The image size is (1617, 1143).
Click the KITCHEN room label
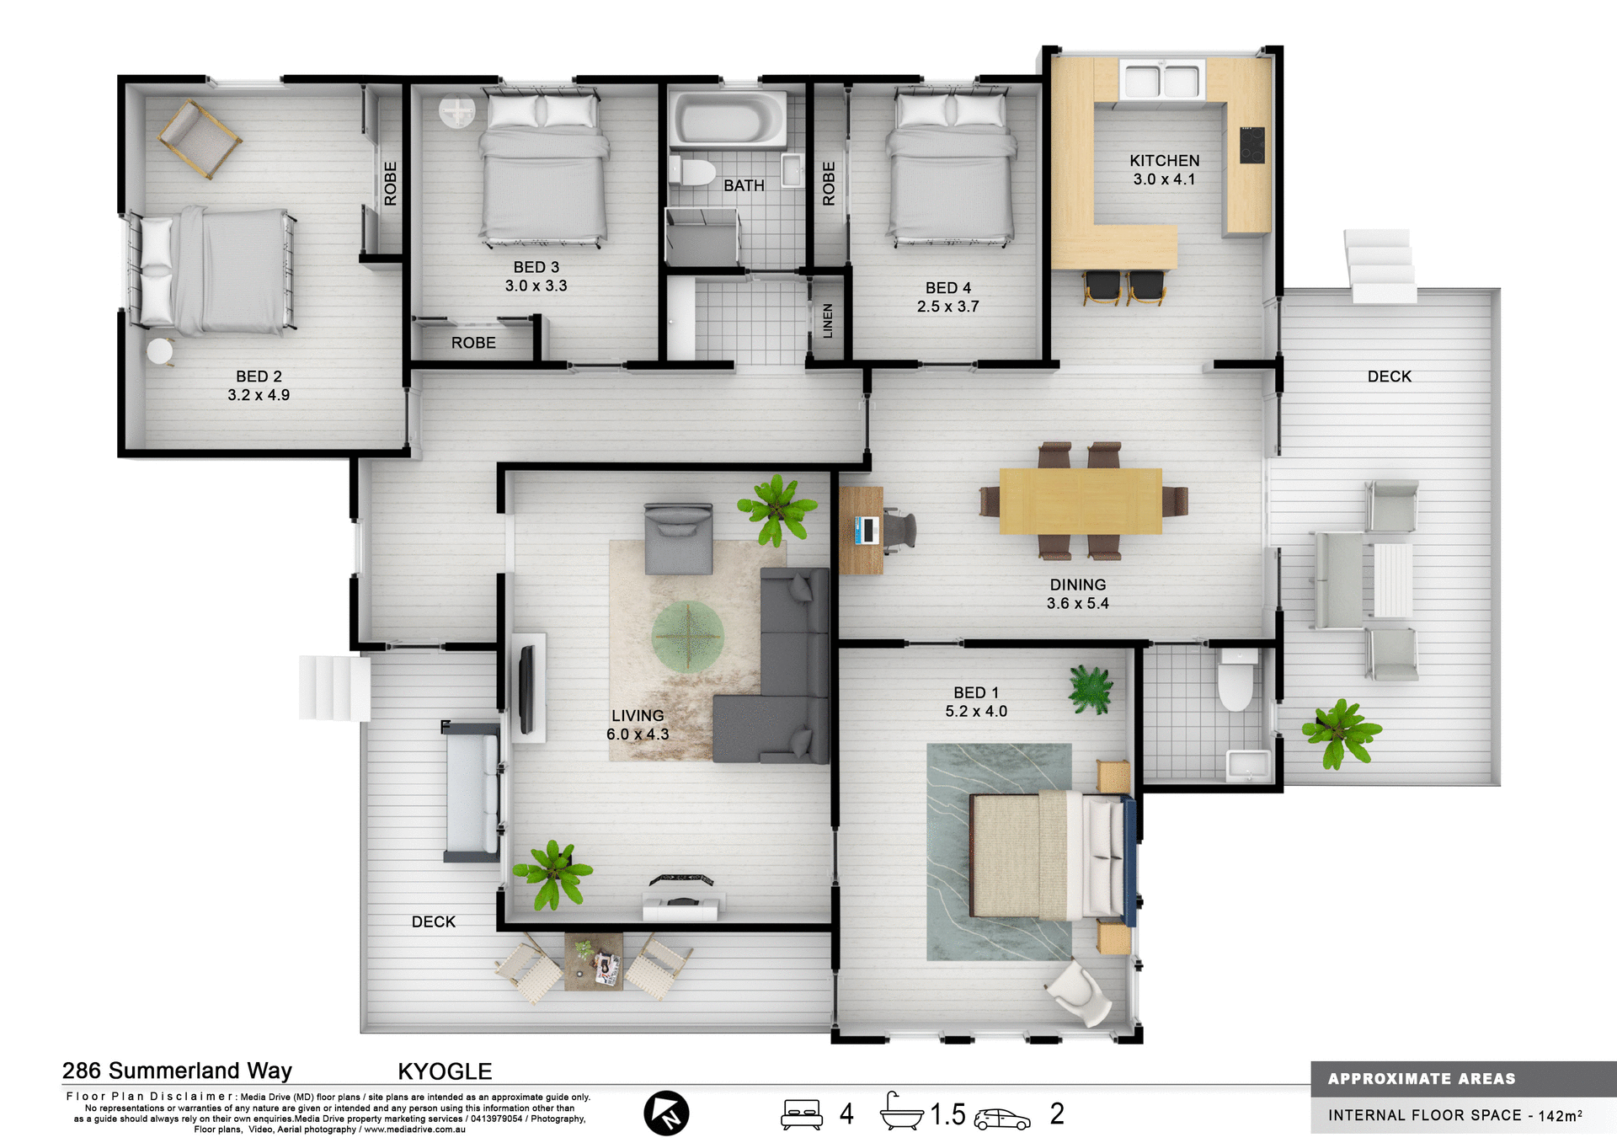coord(1164,160)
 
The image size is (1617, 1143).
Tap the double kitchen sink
coord(1161,81)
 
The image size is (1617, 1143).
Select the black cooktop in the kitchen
coord(1251,145)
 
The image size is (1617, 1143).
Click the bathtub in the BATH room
coord(728,120)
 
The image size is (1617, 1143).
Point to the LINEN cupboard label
coord(827,321)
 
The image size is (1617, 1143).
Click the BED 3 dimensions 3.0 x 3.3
coord(536,286)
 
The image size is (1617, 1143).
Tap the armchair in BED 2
coord(200,138)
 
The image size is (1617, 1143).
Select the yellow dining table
coord(1081,501)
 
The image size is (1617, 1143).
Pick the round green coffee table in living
coord(687,637)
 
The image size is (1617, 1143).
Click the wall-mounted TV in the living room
coord(527,688)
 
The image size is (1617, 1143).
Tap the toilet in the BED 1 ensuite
coord(1235,681)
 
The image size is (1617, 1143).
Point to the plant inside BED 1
coord(1091,689)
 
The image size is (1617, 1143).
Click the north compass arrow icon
coord(666,1113)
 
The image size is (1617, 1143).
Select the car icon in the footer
coord(1001,1118)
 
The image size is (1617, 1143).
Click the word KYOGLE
coord(445,1071)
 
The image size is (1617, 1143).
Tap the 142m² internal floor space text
coord(1560,1115)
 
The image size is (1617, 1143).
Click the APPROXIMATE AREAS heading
coord(1421,1079)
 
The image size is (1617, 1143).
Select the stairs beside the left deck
coord(334,688)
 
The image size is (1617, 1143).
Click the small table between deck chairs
coord(594,961)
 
